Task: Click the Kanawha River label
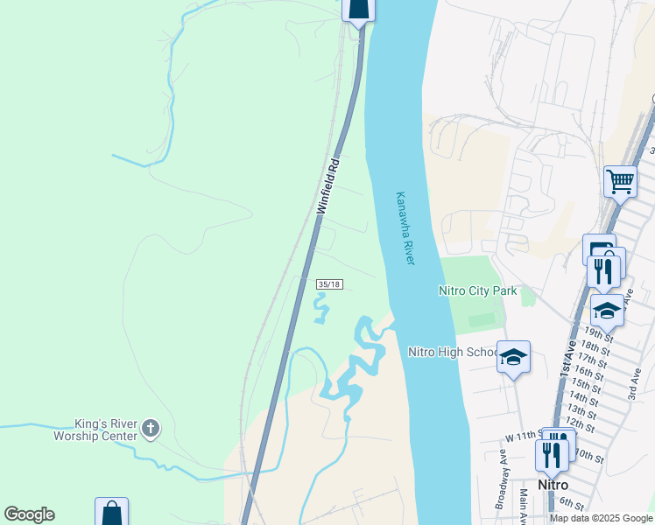click(x=405, y=228)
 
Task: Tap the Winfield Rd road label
click(x=329, y=186)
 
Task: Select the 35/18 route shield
click(x=328, y=285)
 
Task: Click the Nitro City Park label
click(x=478, y=290)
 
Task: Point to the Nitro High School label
click(x=453, y=352)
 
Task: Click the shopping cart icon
click(x=620, y=182)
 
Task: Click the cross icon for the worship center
click(x=151, y=429)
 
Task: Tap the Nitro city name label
click(x=553, y=485)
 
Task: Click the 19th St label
click(x=600, y=333)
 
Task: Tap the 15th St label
click(x=586, y=384)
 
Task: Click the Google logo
click(x=29, y=514)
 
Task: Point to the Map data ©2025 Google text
click(x=602, y=518)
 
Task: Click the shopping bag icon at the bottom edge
click(x=112, y=513)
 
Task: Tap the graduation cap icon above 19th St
click(x=607, y=309)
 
